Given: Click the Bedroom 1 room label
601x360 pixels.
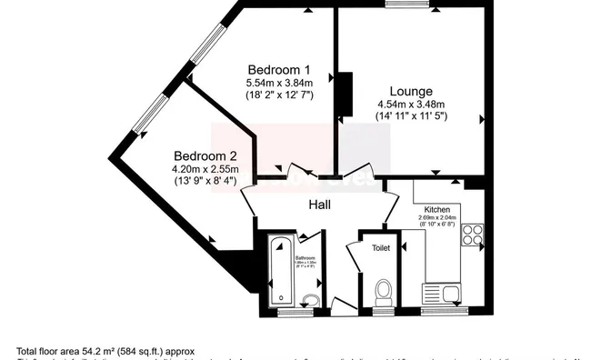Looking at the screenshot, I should click(279, 70).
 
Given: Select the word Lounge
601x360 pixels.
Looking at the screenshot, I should click(410, 91).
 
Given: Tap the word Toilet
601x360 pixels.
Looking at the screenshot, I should click(379, 246).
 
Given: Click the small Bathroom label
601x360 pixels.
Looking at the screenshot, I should click(305, 258).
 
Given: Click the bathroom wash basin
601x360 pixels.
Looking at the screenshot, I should click(311, 301).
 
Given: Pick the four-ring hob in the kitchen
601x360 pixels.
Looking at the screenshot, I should click(472, 235).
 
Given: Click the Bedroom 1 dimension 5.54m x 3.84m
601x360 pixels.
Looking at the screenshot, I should click(279, 83).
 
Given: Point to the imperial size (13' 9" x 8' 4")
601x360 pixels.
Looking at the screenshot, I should click(206, 180).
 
